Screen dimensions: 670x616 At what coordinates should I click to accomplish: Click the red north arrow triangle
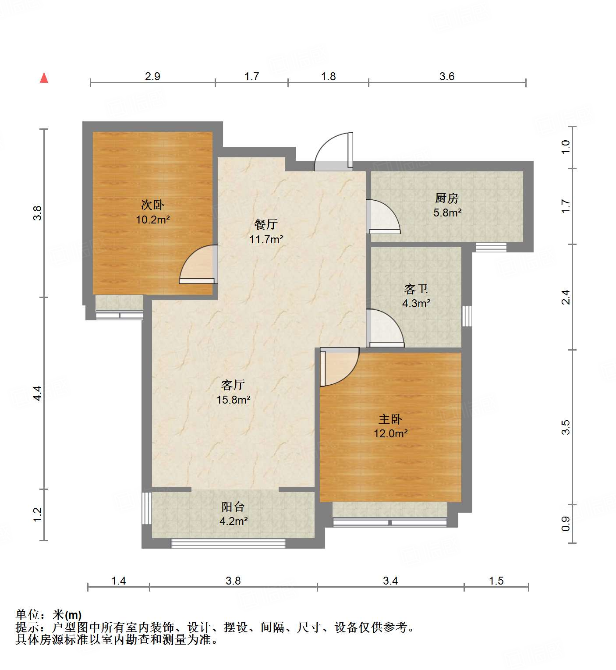44,78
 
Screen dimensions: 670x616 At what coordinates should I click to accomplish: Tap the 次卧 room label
152,205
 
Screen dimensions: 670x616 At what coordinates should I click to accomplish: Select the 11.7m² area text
266,239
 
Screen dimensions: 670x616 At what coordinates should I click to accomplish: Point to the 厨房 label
446,199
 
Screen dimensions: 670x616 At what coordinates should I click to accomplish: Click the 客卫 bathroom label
416,289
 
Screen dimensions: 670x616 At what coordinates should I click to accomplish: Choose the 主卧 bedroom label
390,419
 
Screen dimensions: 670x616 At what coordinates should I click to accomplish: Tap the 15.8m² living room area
233,400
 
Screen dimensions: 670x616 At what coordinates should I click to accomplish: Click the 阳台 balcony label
233,507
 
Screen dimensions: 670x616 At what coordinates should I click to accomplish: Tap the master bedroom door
339,366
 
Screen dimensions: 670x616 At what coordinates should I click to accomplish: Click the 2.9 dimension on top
152,76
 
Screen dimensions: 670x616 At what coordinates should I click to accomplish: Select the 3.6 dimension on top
447,76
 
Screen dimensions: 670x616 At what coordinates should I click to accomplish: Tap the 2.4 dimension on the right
566,297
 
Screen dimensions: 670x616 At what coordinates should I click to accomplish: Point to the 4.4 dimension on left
38,393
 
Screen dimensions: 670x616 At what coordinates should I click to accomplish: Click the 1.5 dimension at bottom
496,581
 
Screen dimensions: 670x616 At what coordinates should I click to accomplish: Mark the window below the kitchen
491,247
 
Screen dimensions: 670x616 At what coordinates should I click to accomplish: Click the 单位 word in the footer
27,615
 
